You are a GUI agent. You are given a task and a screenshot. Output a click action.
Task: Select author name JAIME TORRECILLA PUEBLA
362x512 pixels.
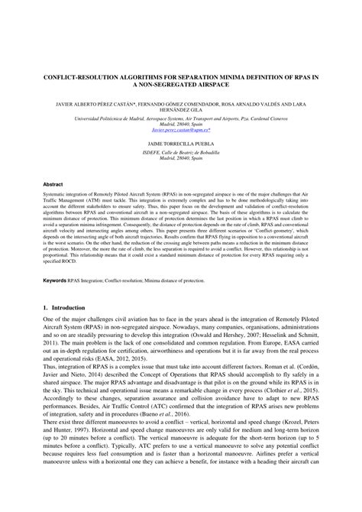click(180, 143)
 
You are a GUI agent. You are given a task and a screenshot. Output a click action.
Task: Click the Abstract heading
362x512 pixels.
click(53, 184)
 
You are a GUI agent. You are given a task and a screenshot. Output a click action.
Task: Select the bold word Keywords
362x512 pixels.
click(53, 302)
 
